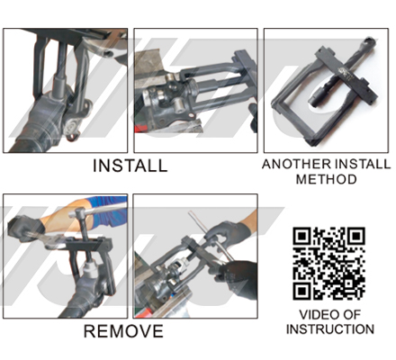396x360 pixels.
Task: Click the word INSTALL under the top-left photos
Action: coord(130,166)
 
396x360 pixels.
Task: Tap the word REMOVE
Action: coord(123,331)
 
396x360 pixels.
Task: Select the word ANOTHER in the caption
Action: coord(297,165)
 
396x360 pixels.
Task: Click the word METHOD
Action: coord(327,179)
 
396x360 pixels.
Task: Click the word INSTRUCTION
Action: coord(330,329)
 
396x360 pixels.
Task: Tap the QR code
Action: coord(329,264)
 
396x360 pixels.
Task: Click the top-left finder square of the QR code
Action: coord(302,237)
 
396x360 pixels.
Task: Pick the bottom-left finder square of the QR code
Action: coord(302,291)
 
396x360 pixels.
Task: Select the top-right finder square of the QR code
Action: coord(355,237)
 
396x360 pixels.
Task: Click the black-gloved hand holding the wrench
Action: coord(24,229)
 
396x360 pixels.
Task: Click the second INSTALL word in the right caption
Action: coord(363,165)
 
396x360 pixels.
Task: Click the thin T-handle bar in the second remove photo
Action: coord(210,236)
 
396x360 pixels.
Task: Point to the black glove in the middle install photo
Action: coord(253,118)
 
